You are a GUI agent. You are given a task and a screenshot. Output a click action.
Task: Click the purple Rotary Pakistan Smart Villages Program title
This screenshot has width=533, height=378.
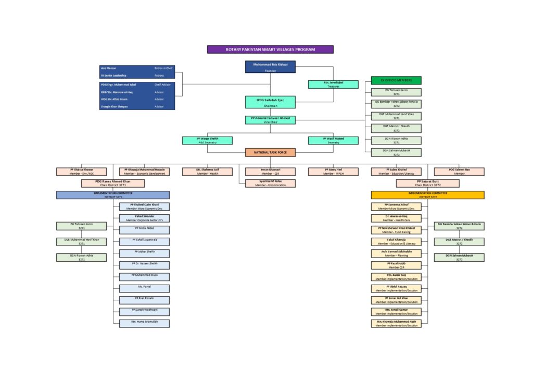pyautogui.click(x=270, y=50)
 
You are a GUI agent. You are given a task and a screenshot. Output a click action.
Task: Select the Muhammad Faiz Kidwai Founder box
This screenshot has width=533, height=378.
pyautogui.click(x=270, y=66)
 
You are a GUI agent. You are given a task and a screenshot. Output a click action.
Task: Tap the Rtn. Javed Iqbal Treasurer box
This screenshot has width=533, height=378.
pyautogui.click(x=333, y=84)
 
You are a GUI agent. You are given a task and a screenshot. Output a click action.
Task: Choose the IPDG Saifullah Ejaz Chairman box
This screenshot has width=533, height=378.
pyautogui.click(x=270, y=102)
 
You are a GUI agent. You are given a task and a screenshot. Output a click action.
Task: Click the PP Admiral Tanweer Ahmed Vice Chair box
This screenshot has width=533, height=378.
pyautogui.click(x=270, y=120)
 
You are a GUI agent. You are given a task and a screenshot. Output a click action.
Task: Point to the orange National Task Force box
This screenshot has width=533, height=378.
pyautogui.click(x=270, y=153)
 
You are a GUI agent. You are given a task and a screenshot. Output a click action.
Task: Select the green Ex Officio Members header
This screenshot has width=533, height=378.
pyautogui.click(x=396, y=80)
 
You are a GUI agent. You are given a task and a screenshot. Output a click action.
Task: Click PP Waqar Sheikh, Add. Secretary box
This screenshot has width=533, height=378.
pyautogui.click(x=207, y=140)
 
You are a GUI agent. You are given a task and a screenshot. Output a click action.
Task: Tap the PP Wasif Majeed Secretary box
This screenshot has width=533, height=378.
pyautogui.click(x=333, y=140)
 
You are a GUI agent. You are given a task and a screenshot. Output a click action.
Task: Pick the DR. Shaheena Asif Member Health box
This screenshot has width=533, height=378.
pyautogui.click(x=207, y=172)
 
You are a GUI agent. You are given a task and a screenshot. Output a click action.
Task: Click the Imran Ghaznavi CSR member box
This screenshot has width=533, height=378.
pyautogui.click(x=270, y=172)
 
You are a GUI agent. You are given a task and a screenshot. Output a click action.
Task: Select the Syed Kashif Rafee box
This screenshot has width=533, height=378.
pyautogui.click(x=270, y=183)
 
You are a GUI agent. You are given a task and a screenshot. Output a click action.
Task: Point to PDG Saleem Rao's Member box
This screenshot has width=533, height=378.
pyautogui.click(x=459, y=172)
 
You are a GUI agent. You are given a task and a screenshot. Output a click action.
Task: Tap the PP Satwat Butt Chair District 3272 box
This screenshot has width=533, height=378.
pyautogui.click(x=427, y=183)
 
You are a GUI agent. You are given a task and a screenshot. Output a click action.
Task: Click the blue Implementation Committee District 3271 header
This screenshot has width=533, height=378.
pyautogui.click(x=112, y=195)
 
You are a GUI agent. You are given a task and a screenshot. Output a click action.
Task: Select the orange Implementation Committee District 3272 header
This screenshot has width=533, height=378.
pyautogui.click(x=427, y=195)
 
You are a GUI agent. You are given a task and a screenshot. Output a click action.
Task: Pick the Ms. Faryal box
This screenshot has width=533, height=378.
pyautogui.click(x=144, y=288)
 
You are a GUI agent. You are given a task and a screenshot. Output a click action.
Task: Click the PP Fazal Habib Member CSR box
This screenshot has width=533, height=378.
pyautogui.click(x=396, y=265)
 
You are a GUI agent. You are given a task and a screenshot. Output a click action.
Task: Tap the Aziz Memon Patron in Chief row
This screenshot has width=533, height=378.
pyautogui.click(x=137, y=68)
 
